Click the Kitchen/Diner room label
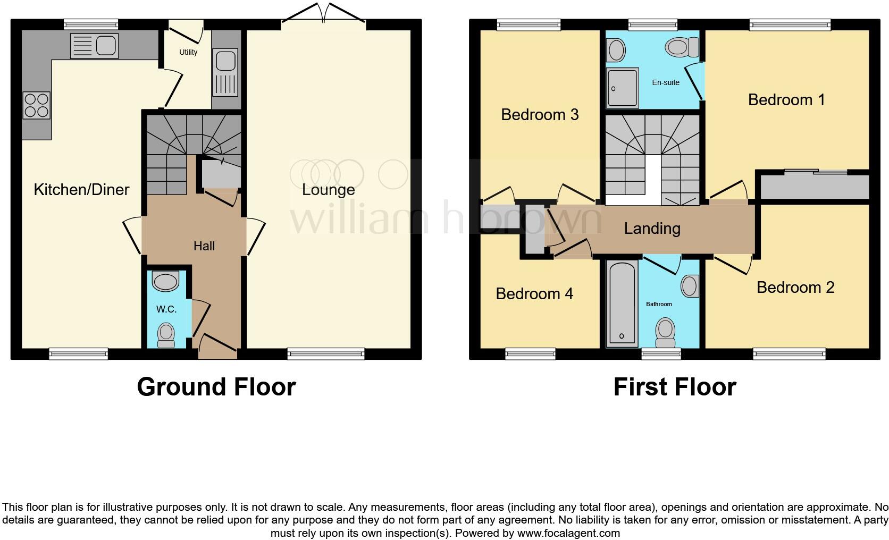point(81,190)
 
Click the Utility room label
point(188,52)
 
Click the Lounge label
point(328,190)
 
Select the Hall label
point(204,246)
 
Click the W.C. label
point(166,309)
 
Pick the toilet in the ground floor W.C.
point(166,335)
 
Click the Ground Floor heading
point(216,386)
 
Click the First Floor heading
point(674,386)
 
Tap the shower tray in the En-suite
point(623,88)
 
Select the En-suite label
point(666,82)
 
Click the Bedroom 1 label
point(786,99)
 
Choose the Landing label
point(652,229)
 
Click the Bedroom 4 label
point(534,293)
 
